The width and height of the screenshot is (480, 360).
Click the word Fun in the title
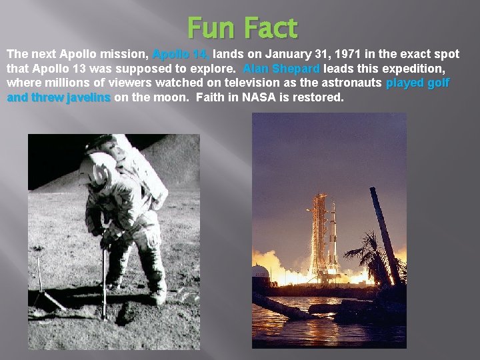point(210,28)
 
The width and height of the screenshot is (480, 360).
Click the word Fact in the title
point(270,28)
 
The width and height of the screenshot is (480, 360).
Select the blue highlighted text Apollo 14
point(181,54)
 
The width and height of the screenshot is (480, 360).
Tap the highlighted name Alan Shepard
point(281,69)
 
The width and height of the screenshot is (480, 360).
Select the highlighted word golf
point(437,83)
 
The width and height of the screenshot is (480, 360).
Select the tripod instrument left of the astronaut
point(41,280)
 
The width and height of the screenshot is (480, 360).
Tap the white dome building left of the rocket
point(260,271)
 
